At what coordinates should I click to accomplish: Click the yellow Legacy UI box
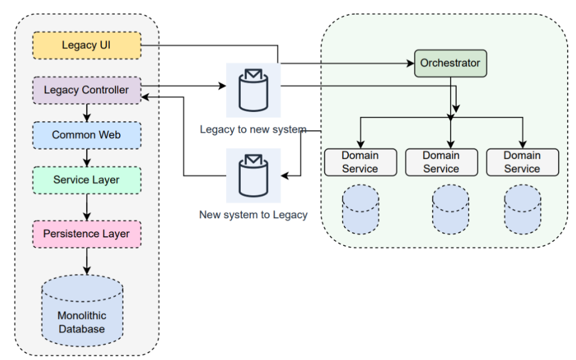87,46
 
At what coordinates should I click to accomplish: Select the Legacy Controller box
87,90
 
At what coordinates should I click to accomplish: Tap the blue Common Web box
87,135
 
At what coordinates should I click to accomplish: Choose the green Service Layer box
87,180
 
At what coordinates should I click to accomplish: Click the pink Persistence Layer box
87,234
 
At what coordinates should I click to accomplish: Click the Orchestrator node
450,63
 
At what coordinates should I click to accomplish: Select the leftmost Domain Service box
360,162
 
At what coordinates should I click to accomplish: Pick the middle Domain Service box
441,162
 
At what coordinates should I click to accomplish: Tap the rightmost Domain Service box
522,162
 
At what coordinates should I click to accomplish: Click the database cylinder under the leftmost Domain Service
360,209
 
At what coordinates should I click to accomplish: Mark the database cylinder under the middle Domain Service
450,209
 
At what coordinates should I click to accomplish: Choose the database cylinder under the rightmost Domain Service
522,209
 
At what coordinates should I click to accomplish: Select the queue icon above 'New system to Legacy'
253,175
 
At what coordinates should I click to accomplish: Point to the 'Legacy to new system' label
253,129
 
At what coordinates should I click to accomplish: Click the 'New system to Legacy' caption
253,215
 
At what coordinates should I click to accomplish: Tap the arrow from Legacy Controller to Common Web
87,112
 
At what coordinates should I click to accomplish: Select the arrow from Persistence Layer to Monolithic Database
87,262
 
